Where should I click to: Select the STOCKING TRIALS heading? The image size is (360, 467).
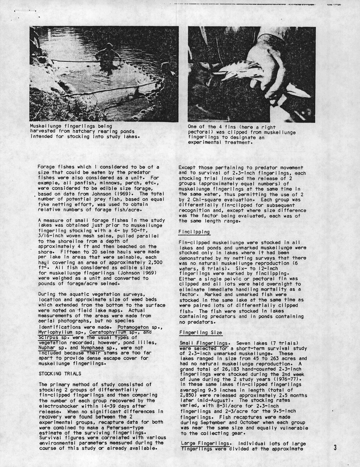click(60, 374)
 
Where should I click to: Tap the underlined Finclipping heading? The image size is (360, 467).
click(194, 232)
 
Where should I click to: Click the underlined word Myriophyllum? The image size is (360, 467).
click(54, 332)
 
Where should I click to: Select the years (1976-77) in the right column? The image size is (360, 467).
click(288, 379)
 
